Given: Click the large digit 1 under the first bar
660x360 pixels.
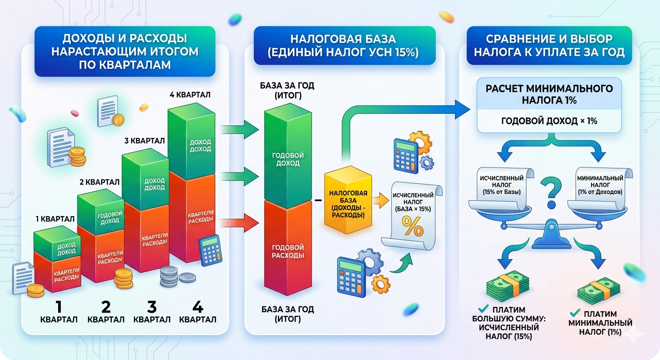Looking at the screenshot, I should point(59,307).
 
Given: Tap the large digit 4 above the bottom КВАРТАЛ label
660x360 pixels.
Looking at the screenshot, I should point(197,307).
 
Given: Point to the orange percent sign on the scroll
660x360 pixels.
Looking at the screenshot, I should point(414,228).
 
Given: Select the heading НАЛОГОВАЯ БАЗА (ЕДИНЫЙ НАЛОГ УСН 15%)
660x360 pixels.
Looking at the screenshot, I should point(345,45).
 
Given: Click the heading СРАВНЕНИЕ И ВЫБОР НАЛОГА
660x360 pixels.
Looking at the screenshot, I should point(549,45).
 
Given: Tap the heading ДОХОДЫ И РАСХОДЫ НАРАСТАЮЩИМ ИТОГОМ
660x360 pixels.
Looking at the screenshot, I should point(125,52).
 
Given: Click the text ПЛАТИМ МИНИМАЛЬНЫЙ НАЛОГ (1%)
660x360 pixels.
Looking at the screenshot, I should point(600,322).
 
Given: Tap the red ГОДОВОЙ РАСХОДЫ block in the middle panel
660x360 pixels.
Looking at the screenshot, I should point(288,251).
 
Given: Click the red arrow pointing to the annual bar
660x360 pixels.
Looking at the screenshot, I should point(239,222).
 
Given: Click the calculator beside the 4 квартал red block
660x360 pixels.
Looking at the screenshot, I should point(210,250).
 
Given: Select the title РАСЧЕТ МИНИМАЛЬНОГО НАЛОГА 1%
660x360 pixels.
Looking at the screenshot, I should point(549,94).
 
